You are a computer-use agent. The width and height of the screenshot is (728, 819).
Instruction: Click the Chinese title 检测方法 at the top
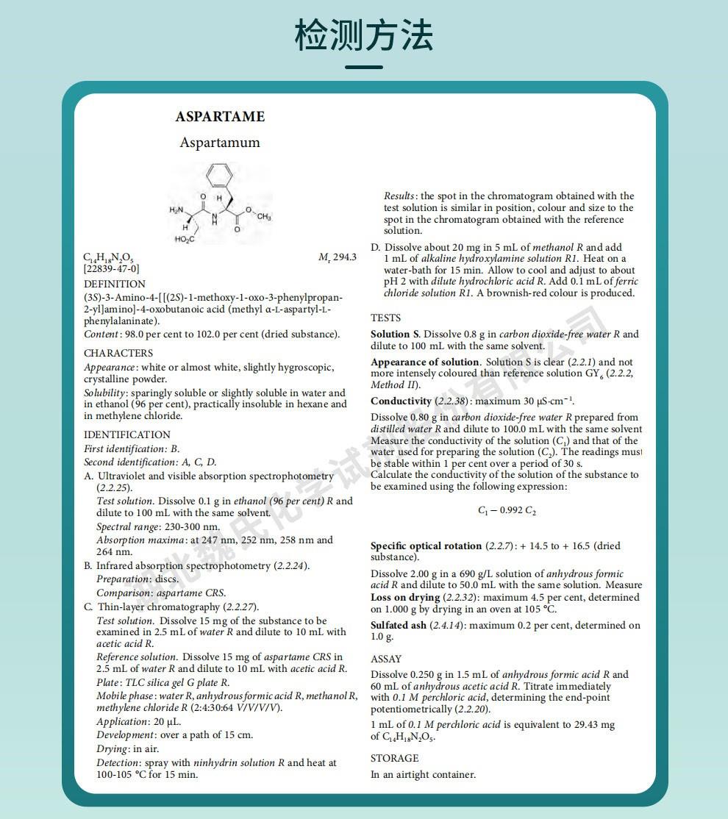(364, 35)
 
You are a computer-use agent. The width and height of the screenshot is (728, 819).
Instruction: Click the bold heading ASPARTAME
(220, 117)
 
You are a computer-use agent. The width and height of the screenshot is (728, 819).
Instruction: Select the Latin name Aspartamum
(220, 143)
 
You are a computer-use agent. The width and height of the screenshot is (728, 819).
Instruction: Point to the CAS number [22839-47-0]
(111, 269)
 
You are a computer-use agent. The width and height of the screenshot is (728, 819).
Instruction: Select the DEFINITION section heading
(115, 284)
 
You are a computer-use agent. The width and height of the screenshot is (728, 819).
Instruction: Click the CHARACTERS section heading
(118, 353)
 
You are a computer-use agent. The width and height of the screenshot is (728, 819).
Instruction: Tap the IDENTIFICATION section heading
(127, 434)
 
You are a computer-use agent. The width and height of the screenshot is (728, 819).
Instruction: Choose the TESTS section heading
(386, 318)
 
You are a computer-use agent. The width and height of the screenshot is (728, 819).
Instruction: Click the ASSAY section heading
(386, 659)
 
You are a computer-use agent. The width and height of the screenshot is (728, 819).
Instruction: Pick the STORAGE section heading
(394, 758)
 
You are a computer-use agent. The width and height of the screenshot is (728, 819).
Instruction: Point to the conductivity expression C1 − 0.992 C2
(507, 511)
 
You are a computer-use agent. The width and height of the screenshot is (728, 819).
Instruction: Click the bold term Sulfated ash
(399, 626)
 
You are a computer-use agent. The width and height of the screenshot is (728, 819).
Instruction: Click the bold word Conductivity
(402, 401)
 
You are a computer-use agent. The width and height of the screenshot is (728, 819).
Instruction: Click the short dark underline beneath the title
(364, 67)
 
